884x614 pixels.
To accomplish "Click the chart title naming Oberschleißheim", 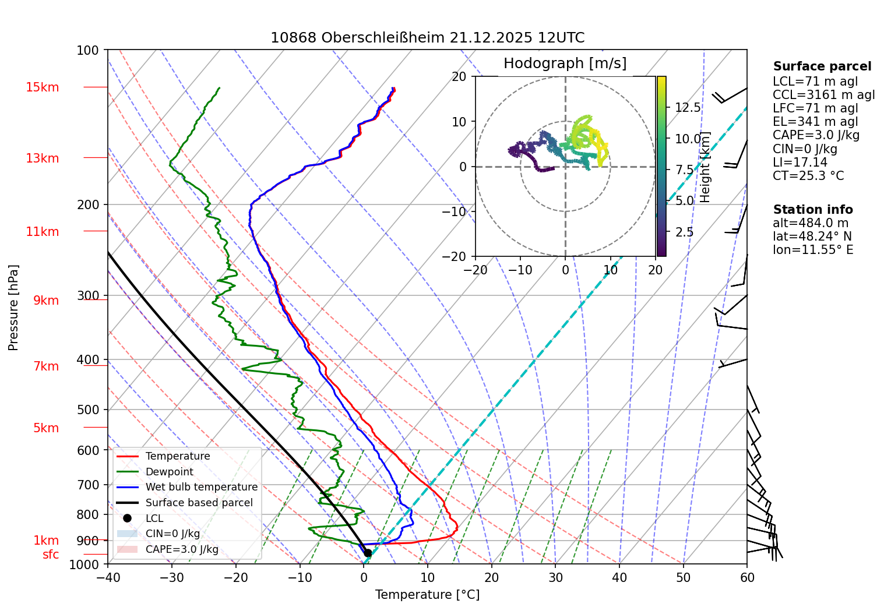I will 427,38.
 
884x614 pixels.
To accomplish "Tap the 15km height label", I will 43,87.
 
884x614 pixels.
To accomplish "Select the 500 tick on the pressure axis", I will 88,410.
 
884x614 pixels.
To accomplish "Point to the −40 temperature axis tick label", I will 107,577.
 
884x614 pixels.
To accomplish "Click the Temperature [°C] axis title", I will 427,594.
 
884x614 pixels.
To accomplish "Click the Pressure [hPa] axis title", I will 13,308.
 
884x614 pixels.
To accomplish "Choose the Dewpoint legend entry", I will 169,472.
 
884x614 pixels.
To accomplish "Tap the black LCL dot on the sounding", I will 368,553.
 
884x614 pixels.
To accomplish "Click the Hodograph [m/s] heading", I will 565,63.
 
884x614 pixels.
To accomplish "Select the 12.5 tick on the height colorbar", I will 688,108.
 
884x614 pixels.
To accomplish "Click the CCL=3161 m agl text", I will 823,95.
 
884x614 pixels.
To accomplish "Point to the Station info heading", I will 813,210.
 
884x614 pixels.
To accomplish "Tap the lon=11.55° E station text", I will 813,250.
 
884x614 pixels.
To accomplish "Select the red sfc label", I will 51,555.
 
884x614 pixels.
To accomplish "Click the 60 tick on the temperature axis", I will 747,577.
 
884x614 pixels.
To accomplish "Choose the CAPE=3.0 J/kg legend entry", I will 182,549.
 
